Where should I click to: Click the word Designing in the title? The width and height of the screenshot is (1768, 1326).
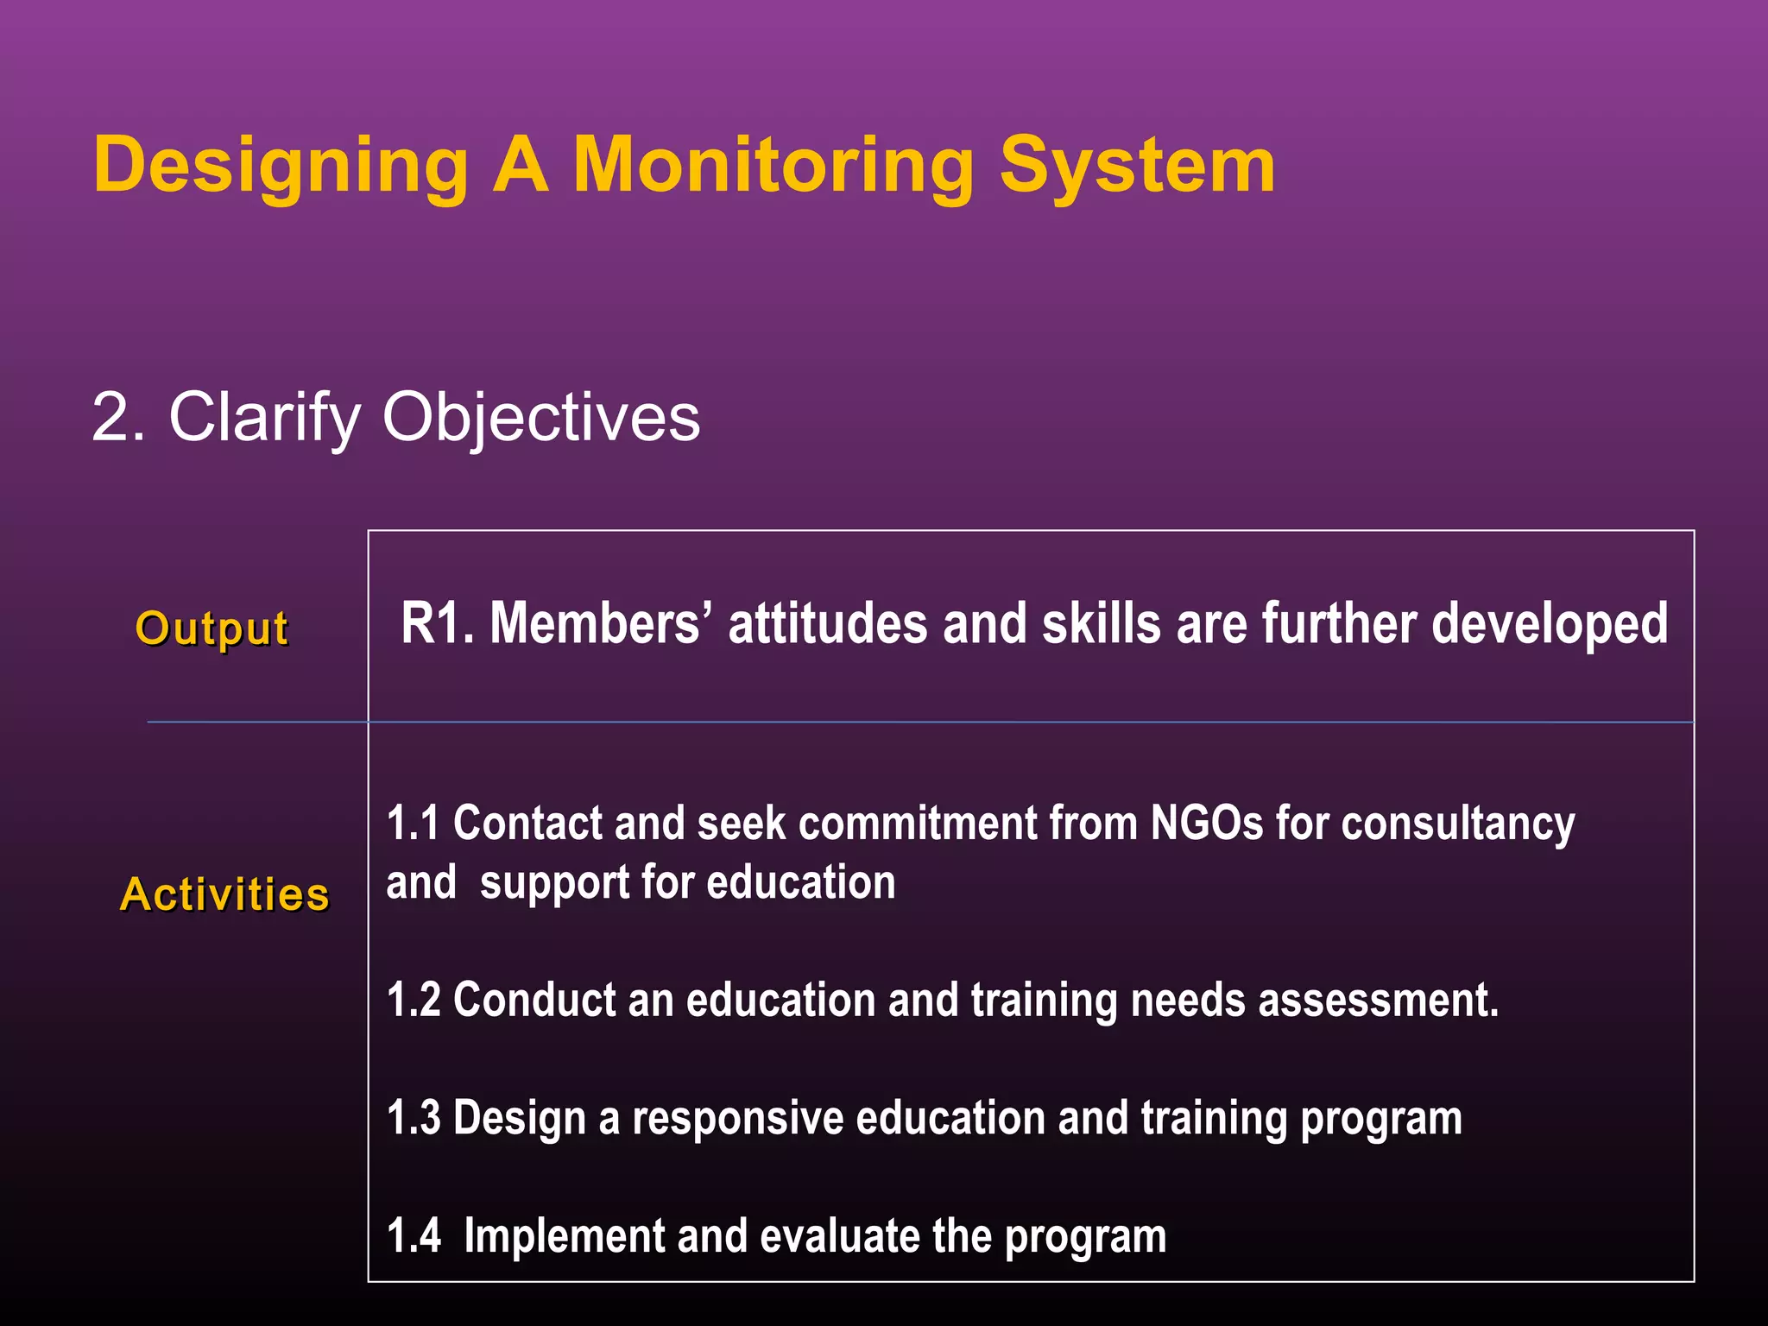point(281,167)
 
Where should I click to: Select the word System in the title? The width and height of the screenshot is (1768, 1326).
point(1137,167)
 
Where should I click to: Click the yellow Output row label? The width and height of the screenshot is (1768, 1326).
point(212,628)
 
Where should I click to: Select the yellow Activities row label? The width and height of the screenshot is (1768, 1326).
point(225,894)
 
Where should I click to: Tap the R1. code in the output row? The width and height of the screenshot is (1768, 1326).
point(438,623)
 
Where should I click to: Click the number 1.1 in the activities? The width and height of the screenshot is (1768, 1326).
point(413,823)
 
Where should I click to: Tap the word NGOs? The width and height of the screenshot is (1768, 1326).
point(1207,823)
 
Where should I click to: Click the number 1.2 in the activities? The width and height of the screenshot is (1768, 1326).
point(413,1000)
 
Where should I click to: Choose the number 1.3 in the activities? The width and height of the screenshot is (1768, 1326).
point(413,1118)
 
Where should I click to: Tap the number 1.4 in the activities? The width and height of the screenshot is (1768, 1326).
point(413,1235)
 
